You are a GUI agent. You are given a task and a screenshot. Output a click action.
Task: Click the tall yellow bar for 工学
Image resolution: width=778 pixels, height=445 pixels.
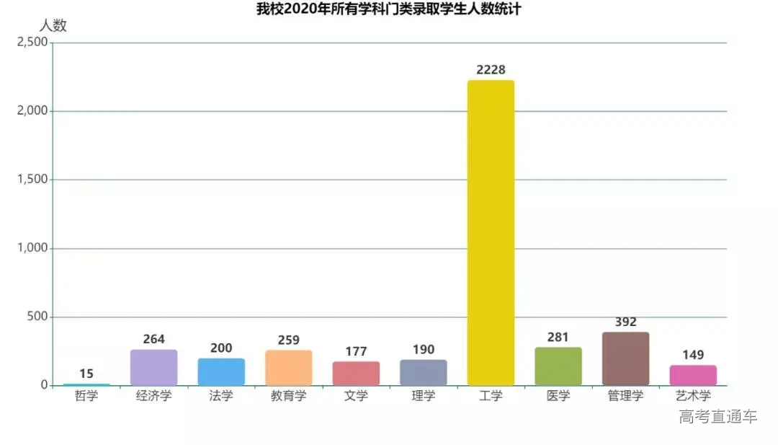pyautogui.click(x=491, y=232)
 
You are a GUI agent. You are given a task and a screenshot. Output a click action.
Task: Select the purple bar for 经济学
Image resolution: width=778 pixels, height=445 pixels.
pyautogui.click(x=153, y=368)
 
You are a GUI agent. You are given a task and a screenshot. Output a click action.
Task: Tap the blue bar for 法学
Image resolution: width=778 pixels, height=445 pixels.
pyautogui.click(x=221, y=372)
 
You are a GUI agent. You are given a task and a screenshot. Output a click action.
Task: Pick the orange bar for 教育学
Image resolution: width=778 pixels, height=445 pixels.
pyautogui.click(x=288, y=368)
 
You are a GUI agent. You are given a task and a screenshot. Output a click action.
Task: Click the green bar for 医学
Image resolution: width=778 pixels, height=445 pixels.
pyautogui.click(x=558, y=366)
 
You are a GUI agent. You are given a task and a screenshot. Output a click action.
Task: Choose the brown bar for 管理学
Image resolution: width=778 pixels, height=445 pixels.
pyautogui.click(x=625, y=358)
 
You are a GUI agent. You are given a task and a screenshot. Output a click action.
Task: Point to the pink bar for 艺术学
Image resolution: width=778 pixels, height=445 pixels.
pyautogui.click(x=693, y=376)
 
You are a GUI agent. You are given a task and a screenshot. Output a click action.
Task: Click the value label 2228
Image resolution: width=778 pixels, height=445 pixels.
pyautogui.click(x=491, y=70)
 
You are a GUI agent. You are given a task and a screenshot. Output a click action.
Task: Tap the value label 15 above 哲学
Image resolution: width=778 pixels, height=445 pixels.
pyautogui.click(x=86, y=374)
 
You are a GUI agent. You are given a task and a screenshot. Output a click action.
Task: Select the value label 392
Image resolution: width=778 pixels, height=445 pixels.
pyautogui.click(x=625, y=322)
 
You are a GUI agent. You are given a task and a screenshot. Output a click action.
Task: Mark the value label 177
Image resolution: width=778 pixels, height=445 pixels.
pyautogui.click(x=356, y=352)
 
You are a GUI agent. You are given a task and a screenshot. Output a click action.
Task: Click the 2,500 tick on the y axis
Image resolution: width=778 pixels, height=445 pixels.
pyautogui.click(x=32, y=43)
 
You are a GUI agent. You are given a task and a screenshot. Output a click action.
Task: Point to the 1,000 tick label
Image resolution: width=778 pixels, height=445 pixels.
pyautogui.click(x=32, y=248)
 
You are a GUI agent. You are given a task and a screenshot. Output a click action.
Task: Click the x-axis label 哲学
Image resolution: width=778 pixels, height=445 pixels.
pyautogui.click(x=86, y=396)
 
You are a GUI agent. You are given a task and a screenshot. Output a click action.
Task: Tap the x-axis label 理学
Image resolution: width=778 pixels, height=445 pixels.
pyautogui.click(x=423, y=396)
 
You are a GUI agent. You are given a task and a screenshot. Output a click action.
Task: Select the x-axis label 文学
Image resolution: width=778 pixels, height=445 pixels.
pyautogui.click(x=356, y=396)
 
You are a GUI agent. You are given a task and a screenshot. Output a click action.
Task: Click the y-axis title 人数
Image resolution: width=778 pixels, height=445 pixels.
pyautogui.click(x=52, y=25)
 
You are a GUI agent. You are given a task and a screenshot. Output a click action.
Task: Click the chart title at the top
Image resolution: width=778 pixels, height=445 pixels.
pyautogui.click(x=388, y=9)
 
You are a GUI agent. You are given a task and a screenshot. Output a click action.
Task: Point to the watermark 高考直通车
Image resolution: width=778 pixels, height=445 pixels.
pyautogui.click(x=717, y=417)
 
